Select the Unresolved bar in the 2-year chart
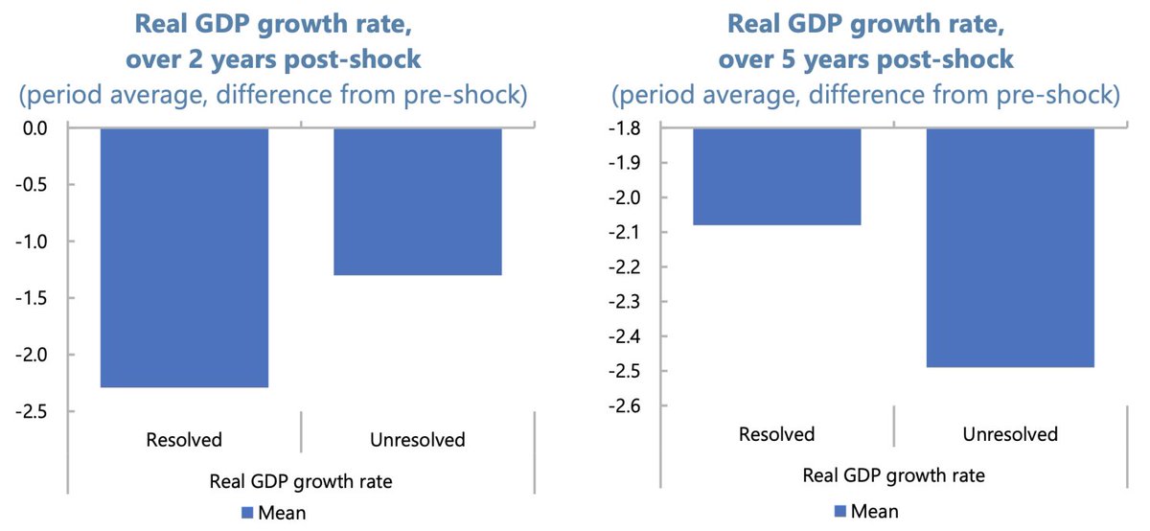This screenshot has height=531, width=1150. (x=418, y=201)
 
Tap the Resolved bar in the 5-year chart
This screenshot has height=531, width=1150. (x=776, y=176)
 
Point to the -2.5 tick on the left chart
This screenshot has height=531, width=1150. (x=38, y=411)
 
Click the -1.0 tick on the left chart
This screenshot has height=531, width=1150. (x=38, y=242)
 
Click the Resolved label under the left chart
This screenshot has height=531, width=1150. (x=184, y=440)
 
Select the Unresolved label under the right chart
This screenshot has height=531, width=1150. (x=1010, y=434)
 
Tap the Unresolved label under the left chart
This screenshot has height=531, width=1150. (x=418, y=440)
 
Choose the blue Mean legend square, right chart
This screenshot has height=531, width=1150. (x=842, y=511)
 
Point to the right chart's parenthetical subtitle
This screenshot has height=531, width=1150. (x=866, y=96)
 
